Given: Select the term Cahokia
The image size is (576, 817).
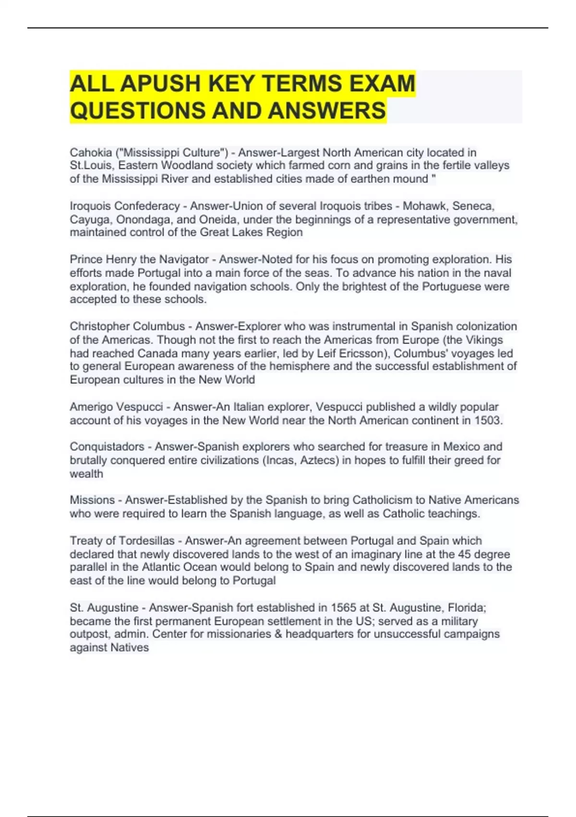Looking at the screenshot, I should pyautogui.click(x=91, y=153).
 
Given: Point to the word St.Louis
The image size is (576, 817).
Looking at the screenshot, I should pyautogui.click(x=91, y=166).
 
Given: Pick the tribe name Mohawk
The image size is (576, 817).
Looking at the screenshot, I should pyautogui.click(x=424, y=206).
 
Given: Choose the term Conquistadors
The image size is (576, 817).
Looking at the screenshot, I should pyautogui.click(x=107, y=446).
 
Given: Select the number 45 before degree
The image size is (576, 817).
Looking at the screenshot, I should pyautogui.click(x=464, y=554).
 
